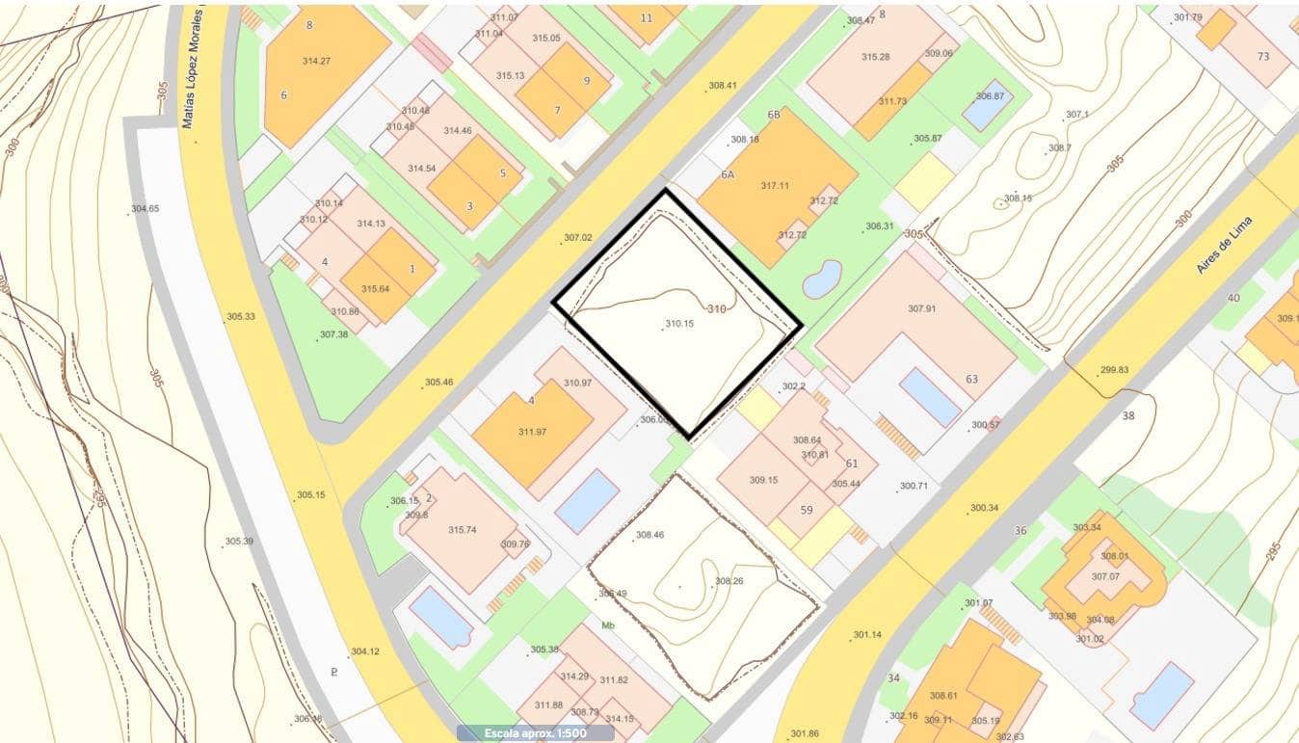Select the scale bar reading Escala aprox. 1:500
click(535, 733)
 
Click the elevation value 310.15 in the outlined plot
click(679, 324)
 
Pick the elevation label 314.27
click(316, 61)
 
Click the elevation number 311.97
click(532, 432)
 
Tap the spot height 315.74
click(463, 530)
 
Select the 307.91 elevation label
click(921, 308)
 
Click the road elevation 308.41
click(723, 86)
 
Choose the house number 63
click(971, 379)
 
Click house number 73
click(1263, 56)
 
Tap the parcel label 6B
click(774, 115)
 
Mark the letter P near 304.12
click(333, 672)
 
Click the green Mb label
click(608, 625)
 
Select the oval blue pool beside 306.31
click(822, 279)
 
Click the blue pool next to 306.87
click(985, 109)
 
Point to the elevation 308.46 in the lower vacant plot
click(649, 535)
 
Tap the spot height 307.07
click(1105, 576)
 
